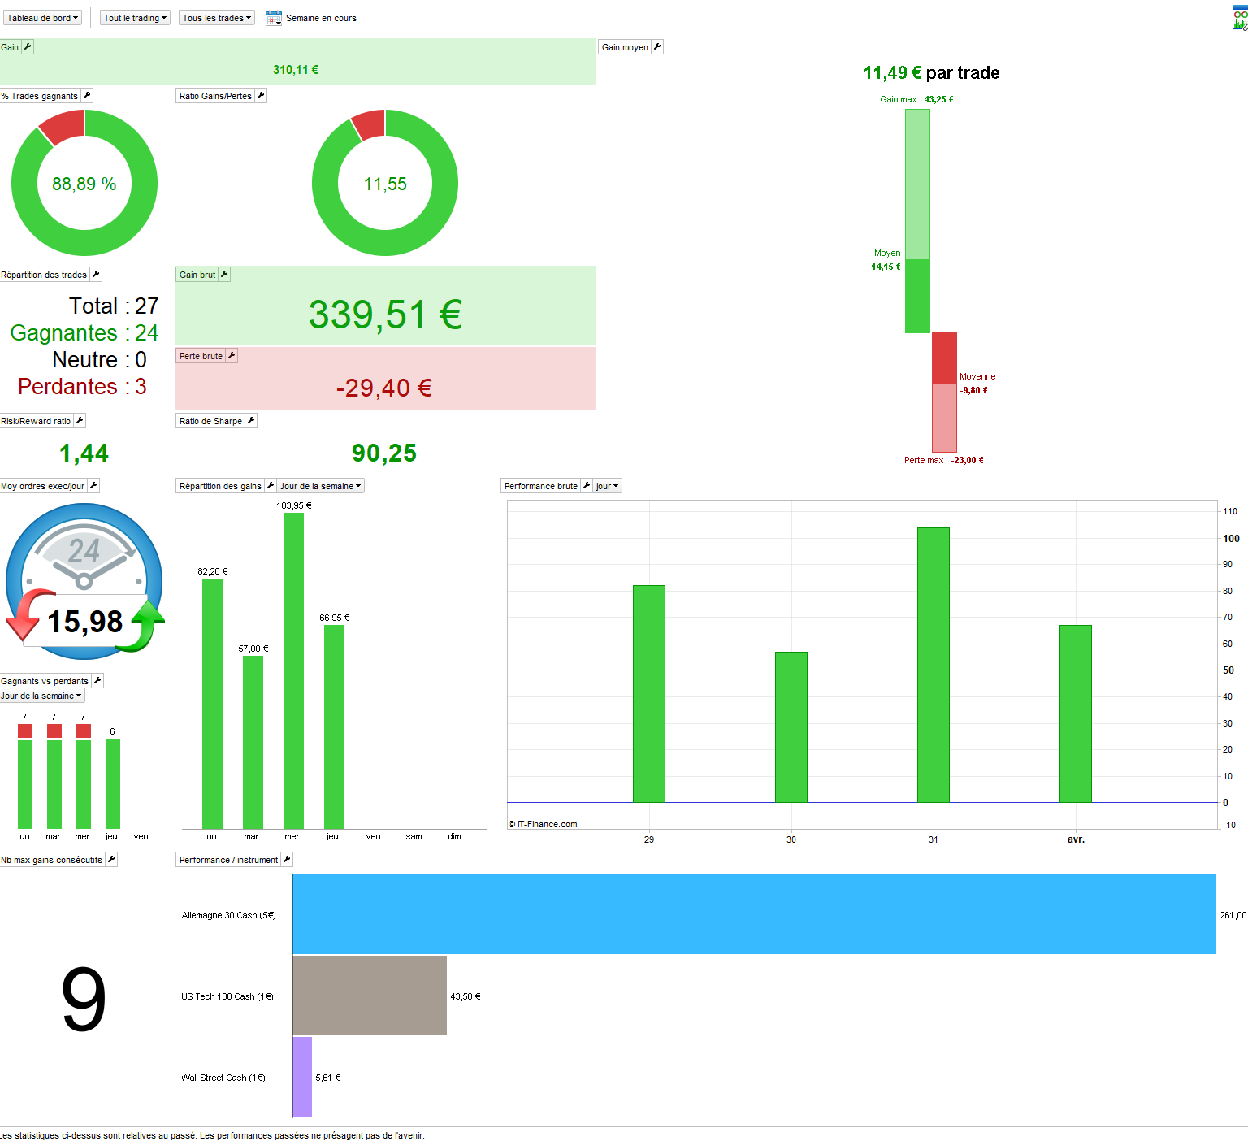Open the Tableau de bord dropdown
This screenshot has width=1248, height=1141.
point(42,18)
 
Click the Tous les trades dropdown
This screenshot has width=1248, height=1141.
point(216,18)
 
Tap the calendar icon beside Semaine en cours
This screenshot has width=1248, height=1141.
point(274,18)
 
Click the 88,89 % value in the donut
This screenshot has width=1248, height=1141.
point(84,184)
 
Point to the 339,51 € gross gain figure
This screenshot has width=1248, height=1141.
point(385,315)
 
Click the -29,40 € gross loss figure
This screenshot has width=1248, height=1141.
point(384,388)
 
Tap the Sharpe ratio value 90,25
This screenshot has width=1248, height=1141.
point(384,453)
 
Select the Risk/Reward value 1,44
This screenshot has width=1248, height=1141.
point(84,453)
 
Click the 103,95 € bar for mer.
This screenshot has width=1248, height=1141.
point(293,670)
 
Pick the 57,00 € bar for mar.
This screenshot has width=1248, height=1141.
point(253,741)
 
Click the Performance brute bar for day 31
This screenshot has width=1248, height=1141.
point(933,665)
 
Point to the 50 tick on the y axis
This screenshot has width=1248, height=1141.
point(1228,670)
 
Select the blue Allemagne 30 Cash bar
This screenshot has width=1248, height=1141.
point(754,914)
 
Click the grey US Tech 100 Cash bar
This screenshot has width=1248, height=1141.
point(370,996)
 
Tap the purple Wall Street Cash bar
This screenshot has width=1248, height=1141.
point(302,1077)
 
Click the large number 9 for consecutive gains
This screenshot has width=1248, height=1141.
point(84,999)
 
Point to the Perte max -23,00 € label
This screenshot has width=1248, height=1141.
point(943,460)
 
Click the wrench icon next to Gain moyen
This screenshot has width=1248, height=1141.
point(657,47)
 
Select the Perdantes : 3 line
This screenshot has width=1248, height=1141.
point(82,387)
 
